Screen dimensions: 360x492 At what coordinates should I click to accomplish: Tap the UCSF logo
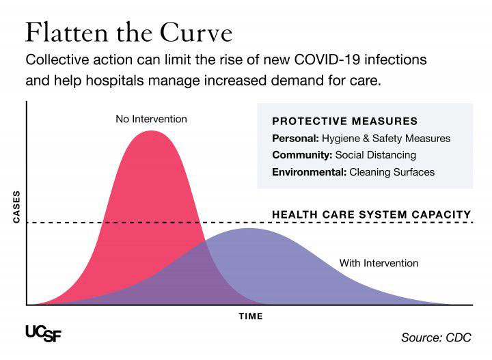click(x=44, y=332)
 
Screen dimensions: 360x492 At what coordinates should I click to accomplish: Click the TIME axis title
click(x=250, y=316)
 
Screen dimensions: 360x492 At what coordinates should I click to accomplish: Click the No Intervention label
click(x=151, y=120)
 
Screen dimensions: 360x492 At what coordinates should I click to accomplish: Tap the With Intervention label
click(x=379, y=263)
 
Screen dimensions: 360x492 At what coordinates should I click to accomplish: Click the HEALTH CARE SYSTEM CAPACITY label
click(x=372, y=214)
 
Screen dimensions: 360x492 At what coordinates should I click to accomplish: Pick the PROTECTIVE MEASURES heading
click(x=344, y=121)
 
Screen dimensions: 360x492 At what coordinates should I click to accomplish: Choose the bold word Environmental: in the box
click(x=309, y=172)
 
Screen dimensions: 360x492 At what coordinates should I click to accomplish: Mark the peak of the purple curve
click(x=250, y=229)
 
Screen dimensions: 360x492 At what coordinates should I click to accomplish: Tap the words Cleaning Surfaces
click(x=392, y=172)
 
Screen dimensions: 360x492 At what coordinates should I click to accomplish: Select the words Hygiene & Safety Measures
click(x=387, y=138)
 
